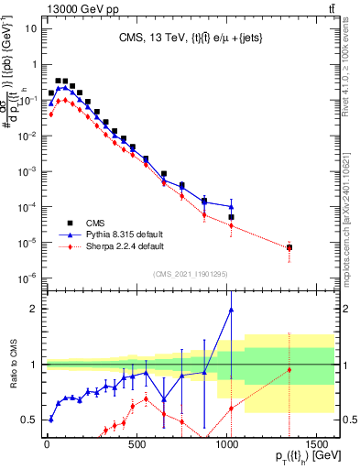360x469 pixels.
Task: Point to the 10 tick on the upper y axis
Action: coord(30,27)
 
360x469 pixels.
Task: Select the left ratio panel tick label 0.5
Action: coord(29,420)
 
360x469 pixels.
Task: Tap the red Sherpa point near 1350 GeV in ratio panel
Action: coord(289,370)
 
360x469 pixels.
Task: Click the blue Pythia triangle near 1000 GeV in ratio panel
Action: coord(231,310)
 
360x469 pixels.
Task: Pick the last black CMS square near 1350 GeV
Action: coord(289,247)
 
